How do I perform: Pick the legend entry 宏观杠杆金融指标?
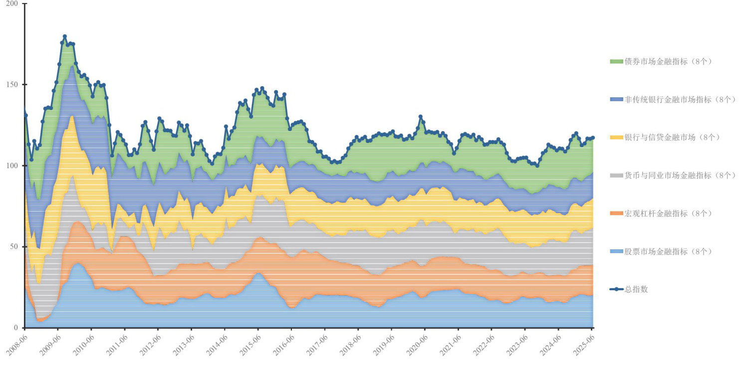[x=661, y=213]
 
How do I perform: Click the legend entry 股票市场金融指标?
[x=661, y=251]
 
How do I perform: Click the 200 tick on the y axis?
[x=11, y=4]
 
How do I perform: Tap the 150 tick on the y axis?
[x=11, y=85]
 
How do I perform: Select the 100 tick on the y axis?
[x=11, y=166]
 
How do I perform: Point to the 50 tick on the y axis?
[x=13, y=247]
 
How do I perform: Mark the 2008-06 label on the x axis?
[x=15, y=345]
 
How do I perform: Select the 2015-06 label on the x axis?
[x=249, y=345]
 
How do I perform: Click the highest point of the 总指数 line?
[x=65, y=37]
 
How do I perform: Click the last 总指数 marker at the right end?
[x=593, y=138]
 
